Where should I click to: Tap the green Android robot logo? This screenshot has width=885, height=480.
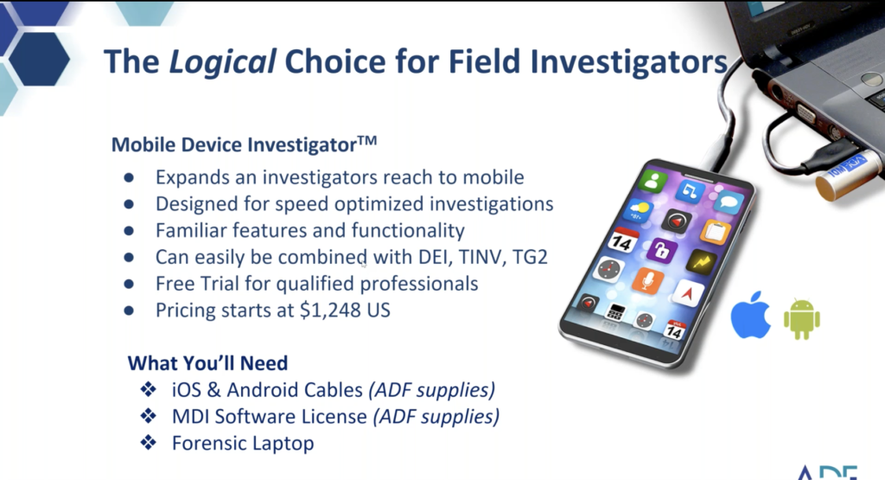click(x=801, y=319)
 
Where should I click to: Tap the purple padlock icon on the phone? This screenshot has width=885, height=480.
click(x=661, y=252)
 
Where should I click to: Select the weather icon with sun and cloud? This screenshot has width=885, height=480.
click(x=640, y=210)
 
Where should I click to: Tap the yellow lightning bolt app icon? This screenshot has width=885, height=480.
click(x=701, y=262)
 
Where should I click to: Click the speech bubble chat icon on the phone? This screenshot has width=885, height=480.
click(x=728, y=202)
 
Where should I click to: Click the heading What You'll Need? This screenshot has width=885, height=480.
click(x=207, y=362)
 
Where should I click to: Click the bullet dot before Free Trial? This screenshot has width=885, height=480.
click(x=129, y=285)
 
